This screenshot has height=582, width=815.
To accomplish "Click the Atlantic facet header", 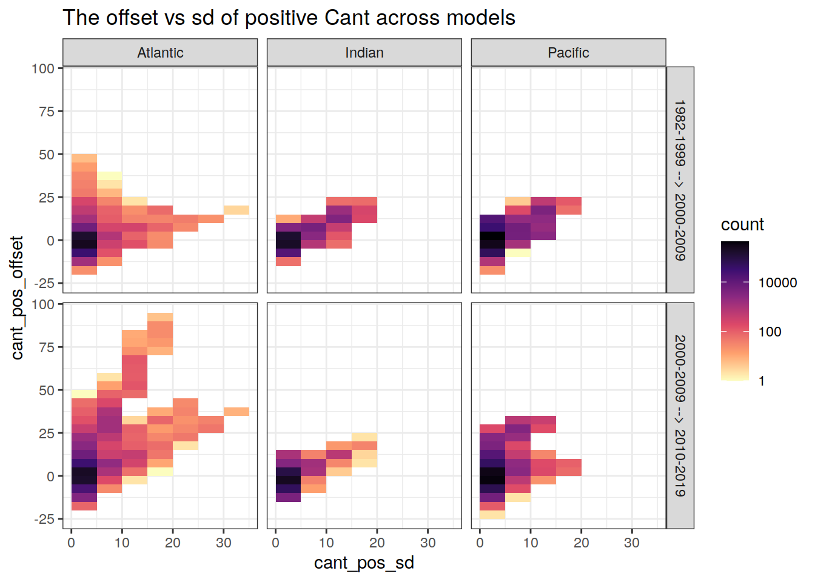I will click(160, 53).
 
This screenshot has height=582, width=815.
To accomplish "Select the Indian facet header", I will click(364, 53).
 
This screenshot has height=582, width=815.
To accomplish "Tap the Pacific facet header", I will click(568, 53).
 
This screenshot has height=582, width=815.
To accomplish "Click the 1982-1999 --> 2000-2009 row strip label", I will click(680, 180).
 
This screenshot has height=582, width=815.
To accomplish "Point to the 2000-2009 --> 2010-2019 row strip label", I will click(680, 416).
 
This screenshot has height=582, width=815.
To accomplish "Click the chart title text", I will click(289, 18).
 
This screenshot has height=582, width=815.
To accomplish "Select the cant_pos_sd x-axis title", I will click(364, 563).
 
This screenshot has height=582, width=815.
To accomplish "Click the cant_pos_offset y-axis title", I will click(17, 298).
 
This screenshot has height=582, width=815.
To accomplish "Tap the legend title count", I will click(742, 224).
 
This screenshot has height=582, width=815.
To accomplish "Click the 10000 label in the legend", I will click(777, 283).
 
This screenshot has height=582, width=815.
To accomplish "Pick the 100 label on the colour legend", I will click(770, 332).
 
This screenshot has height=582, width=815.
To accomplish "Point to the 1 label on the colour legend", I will click(762, 381).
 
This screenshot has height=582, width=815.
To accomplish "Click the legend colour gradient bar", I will click(735, 310).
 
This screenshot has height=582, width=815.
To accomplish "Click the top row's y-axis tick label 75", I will click(47, 112).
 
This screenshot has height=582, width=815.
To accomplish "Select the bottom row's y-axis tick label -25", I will click(43, 520).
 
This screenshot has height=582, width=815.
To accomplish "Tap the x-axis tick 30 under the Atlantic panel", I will click(223, 543).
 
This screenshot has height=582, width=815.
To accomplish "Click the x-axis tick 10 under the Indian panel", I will click(326, 543).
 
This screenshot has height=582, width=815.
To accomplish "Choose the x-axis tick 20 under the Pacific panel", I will click(581, 543).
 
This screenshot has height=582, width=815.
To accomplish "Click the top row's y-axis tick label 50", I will click(47, 155).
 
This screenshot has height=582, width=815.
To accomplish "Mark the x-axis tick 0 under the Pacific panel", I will click(480, 543).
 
